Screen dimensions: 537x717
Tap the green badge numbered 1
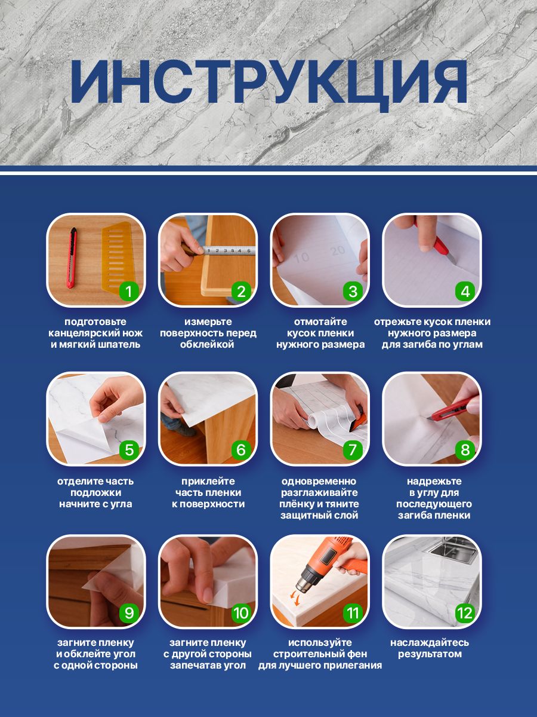[x=128, y=292]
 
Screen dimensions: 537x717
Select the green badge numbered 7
[x=353, y=450]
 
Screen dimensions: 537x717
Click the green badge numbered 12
[x=465, y=613]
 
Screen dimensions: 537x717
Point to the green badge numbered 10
[x=240, y=613]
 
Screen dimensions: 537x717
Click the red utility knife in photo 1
[x=73, y=258]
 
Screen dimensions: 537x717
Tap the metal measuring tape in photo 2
[x=229, y=250]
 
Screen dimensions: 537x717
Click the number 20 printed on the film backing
[x=337, y=251]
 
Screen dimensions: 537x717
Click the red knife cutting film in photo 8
[x=452, y=410]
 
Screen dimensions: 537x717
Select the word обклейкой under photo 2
[x=207, y=345]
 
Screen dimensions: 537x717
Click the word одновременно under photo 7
[x=319, y=481]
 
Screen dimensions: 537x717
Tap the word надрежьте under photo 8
[x=434, y=482]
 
